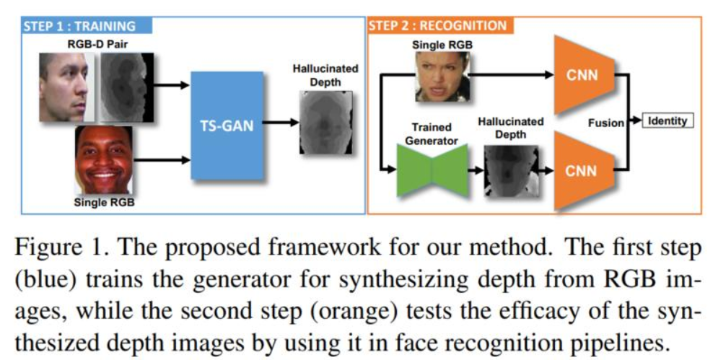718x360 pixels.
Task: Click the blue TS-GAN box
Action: coord(226,125)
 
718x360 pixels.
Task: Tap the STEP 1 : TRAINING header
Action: coord(79,26)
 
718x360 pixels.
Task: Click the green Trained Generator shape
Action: coord(432,170)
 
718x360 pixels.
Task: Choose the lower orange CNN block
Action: coord(584,171)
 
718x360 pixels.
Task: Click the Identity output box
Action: coord(667,121)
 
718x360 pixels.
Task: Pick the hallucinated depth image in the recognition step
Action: coord(511,172)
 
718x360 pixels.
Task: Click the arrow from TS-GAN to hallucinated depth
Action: coord(278,123)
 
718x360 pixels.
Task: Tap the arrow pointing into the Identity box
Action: coord(635,121)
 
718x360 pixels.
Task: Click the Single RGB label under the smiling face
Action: coord(104,203)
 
